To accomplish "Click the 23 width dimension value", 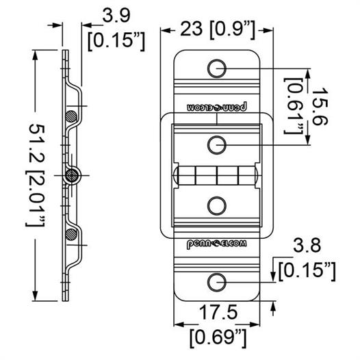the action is (x=191, y=29).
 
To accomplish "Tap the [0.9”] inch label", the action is (x=232, y=30).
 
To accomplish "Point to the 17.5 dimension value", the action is (x=218, y=312).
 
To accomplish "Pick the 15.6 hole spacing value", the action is (x=319, y=106).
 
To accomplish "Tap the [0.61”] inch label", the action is (x=294, y=105).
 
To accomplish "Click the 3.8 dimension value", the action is (x=307, y=245).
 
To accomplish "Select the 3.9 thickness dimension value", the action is (x=116, y=15).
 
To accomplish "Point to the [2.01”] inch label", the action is (x=35, y=198).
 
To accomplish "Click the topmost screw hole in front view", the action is (x=217, y=68).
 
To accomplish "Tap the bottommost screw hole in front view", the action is (x=217, y=282).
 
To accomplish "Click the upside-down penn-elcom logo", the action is (x=217, y=107).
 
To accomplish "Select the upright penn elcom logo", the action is (x=217, y=244).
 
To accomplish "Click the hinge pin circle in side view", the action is (x=72, y=176).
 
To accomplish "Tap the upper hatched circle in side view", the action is (x=71, y=116).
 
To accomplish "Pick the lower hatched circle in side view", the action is (x=71, y=235).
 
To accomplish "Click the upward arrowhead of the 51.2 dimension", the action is (x=35, y=55).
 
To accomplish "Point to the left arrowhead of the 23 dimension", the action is (x=166, y=30).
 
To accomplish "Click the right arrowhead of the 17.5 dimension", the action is (x=255, y=324).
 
